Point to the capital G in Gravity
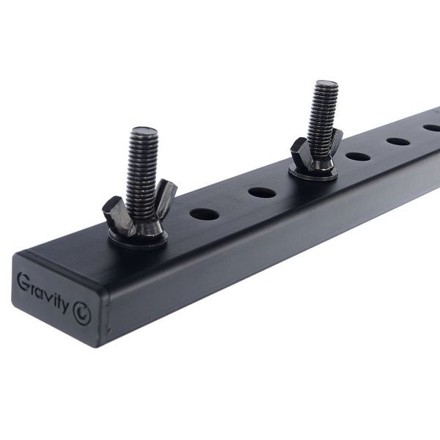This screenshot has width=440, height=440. pyautogui.click(x=23, y=280)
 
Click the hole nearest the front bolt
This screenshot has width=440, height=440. pyautogui.click(x=205, y=214)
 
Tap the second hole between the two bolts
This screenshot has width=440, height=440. pyautogui.click(x=262, y=193)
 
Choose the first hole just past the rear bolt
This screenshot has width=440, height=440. pyautogui.click(x=358, y=156)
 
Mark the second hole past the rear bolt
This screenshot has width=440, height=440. pyautogui.click(x=398, y=141)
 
